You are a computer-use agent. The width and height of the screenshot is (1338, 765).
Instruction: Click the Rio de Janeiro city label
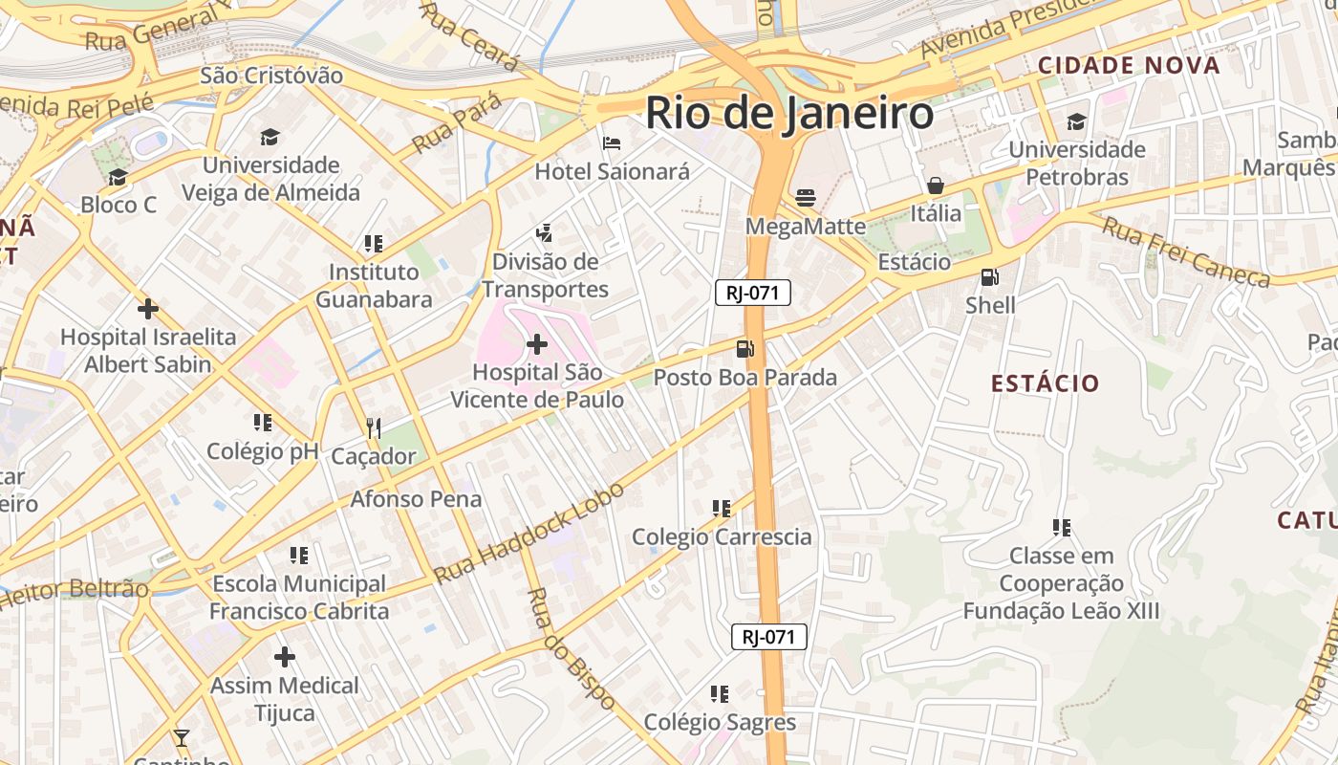click(789, 113)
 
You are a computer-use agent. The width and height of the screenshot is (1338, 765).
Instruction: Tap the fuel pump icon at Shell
click(990, 277)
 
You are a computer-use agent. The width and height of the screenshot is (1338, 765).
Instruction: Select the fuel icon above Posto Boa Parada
click(745, 349)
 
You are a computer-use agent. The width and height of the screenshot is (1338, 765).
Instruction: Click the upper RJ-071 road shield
click(753, 293)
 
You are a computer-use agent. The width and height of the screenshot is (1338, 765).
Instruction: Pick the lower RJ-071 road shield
click(769, 637)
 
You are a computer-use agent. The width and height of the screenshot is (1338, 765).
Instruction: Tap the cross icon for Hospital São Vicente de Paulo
click(537, 343)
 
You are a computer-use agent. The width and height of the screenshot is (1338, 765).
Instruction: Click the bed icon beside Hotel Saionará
click(612, 143)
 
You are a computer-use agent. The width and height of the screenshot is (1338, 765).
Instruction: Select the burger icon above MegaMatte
click(806, 198)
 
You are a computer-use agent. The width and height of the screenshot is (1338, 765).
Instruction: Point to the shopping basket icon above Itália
click(936, 185)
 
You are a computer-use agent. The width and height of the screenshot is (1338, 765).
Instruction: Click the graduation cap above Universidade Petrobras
click(1077, 121)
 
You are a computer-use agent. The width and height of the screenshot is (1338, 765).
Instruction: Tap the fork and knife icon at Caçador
click(374, 427)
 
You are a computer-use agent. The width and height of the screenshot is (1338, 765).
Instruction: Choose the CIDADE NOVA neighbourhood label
click(1129, 65)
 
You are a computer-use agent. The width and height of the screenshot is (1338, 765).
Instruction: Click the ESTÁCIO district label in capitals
click(1045, 383)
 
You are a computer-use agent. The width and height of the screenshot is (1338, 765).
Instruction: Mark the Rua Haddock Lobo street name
click(529, 533)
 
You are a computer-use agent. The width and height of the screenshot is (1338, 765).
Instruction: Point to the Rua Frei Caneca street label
click(1185, 251)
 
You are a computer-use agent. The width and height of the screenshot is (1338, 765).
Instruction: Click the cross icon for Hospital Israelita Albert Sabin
click(147, 309)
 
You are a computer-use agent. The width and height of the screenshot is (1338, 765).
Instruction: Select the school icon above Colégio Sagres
click(720, 693)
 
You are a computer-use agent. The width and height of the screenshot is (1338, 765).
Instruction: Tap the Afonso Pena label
click(416, 498)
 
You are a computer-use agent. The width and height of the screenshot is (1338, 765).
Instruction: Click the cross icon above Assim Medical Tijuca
click(284, 657)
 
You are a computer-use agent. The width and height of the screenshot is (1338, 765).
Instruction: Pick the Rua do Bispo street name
click(572, 648)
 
